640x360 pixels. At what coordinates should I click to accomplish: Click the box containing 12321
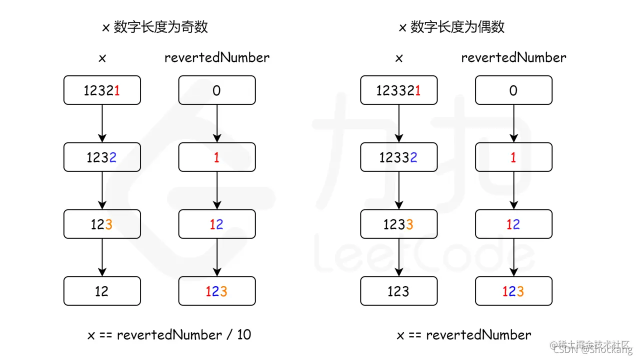tap(102, 90)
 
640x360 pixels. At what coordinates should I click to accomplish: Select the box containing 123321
tap(398, 90)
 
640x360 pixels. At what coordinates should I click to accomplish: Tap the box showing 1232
tap(102, 157)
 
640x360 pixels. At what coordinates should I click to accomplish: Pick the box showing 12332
tap(398, 157)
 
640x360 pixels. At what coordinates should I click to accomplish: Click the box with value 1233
tap(398, 224)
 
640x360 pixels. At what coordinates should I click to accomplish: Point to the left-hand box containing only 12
tap(102, 291)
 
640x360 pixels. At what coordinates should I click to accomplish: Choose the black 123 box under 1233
tap(398, 291)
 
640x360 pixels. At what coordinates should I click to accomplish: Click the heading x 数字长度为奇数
tap(155, 27)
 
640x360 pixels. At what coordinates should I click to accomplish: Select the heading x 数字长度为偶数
tap(451, 27)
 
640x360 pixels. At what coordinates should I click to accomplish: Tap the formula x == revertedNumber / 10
tap(169, 334)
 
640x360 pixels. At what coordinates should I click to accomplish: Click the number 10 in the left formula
tap(244, 334)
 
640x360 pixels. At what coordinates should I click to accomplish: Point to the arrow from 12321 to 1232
tap(102, 123)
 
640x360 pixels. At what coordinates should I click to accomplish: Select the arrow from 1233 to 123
tap(398, 257)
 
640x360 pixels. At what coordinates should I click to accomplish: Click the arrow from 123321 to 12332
tap(398, 123)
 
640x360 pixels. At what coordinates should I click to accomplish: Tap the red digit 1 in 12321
tap(116, 90)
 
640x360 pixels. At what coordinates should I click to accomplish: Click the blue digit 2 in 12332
tap(414, 157)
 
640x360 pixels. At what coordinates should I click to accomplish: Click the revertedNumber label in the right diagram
tap(513, 57)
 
